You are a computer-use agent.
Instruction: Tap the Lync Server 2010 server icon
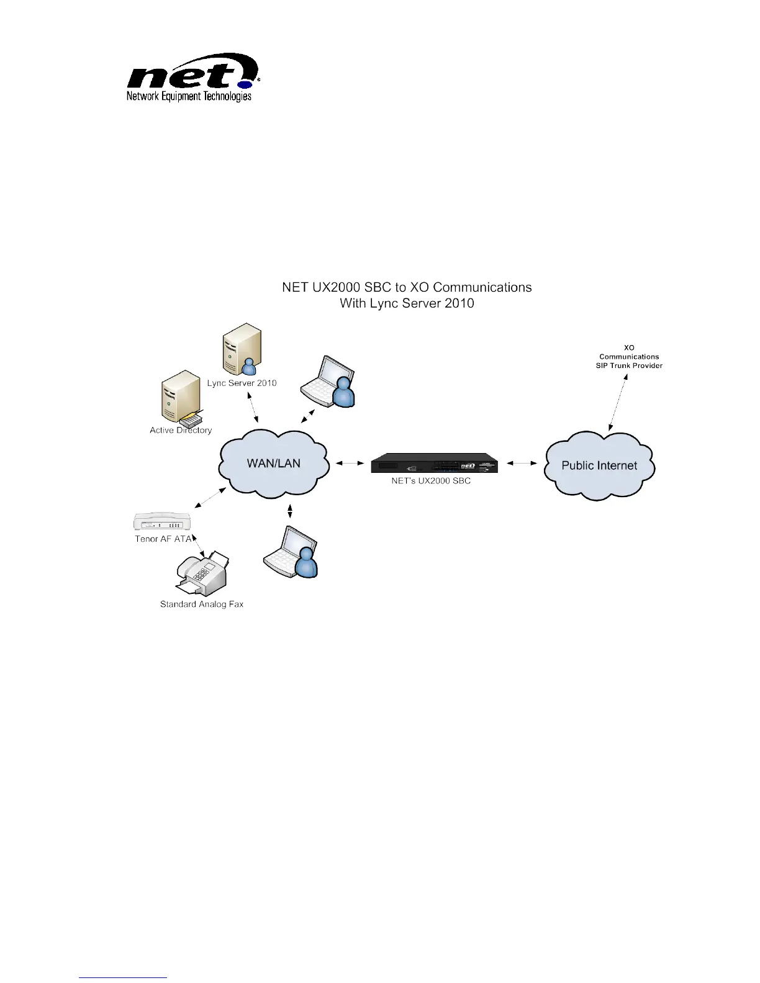point(242,349)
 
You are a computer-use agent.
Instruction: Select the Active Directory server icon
point(179,397)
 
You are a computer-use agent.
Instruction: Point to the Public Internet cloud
point(599,465)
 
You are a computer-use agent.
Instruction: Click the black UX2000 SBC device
point(434,464)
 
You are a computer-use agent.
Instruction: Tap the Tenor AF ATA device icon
point(162,521)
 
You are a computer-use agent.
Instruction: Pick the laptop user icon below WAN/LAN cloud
point(291,552)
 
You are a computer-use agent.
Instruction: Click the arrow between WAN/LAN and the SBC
point(350,463)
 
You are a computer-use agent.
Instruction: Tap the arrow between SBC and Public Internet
point(522,463)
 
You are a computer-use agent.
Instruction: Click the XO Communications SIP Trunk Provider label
point(629,357)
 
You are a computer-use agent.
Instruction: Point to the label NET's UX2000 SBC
point(431,481)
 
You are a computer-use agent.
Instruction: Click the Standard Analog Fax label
point(202,604)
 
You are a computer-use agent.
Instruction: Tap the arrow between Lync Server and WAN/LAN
point(253,407)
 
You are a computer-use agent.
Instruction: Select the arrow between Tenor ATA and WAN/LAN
point(210,496)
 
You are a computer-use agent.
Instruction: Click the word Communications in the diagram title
point(482,287)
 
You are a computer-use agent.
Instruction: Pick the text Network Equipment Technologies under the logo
point(189,96)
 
